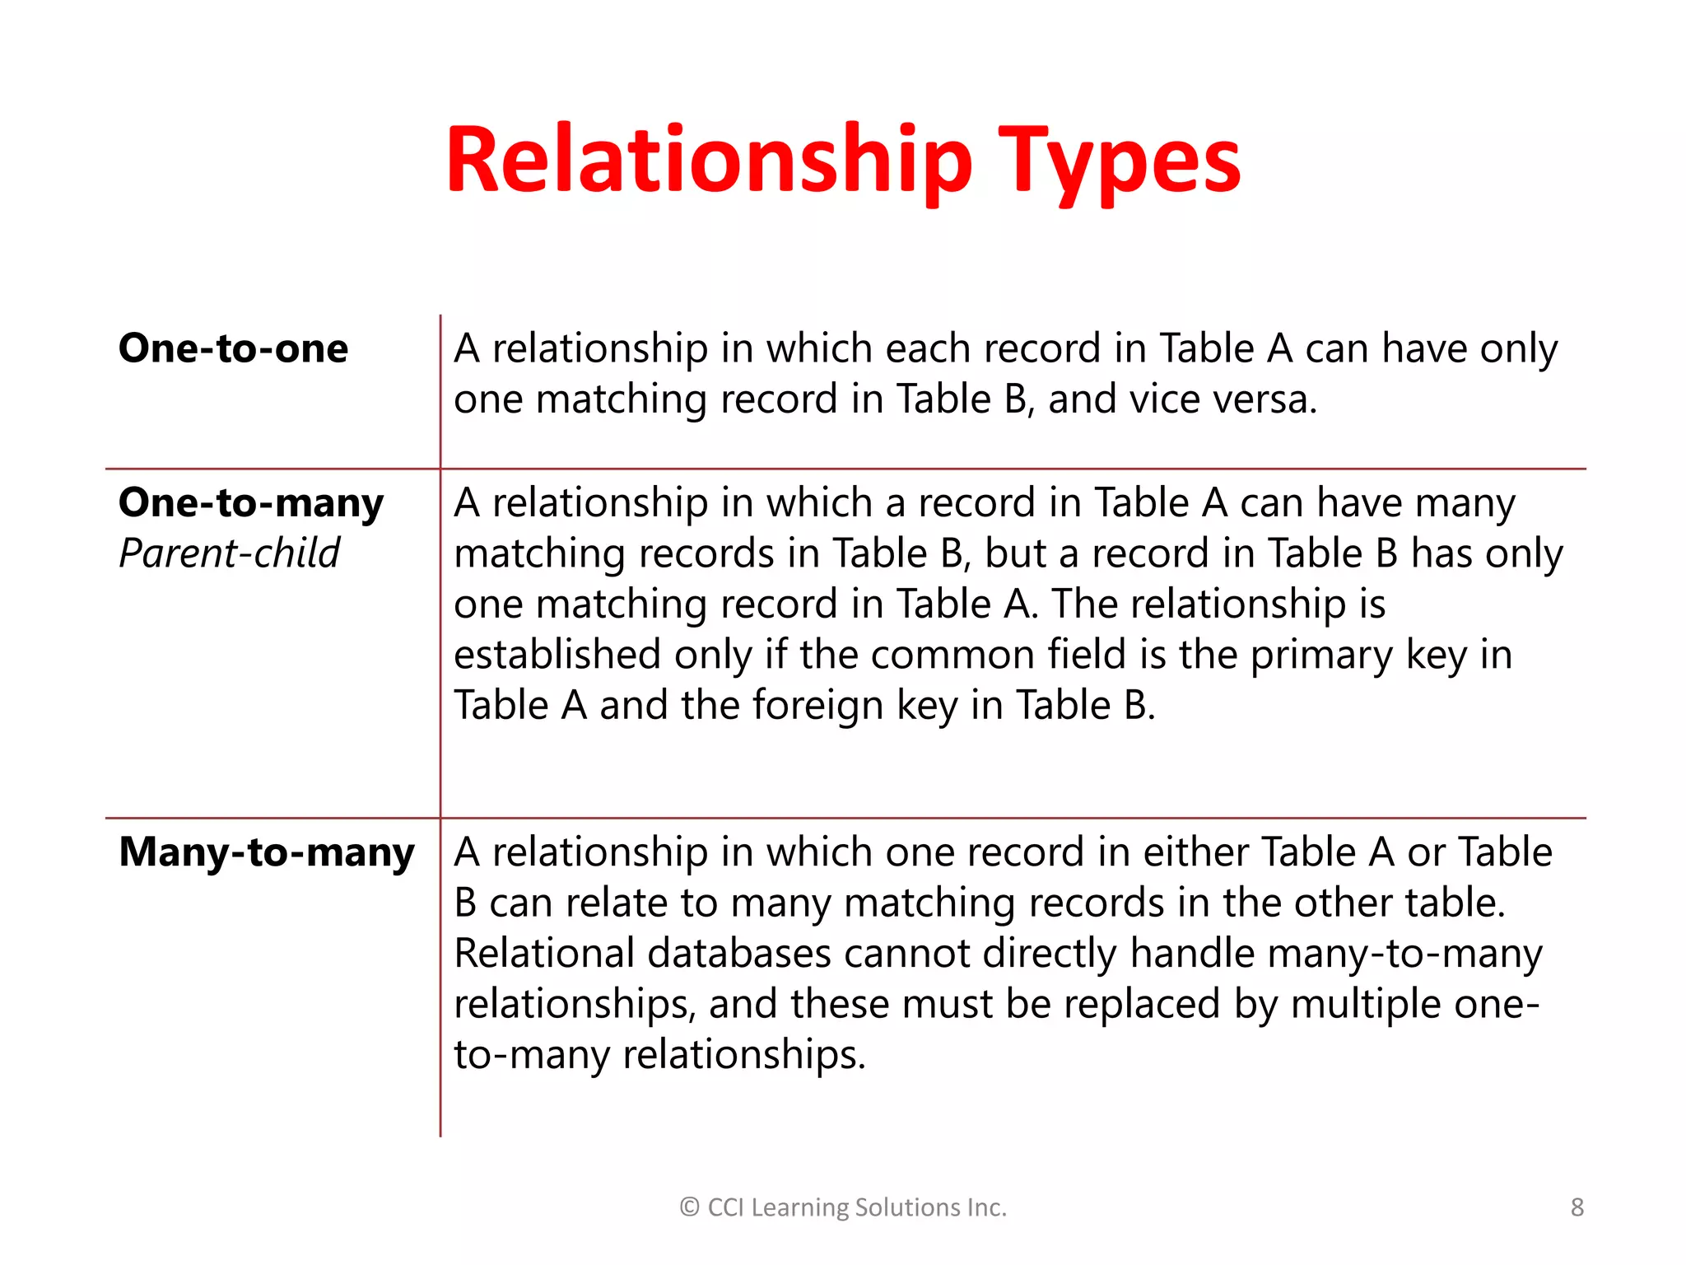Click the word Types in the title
click(x=1120, y=162)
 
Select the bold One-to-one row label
click(x=233, y=348)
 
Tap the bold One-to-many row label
click(x=251, y=502)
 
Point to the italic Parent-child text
click(x=229, y=553)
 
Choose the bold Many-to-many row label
click(x=267, y=852)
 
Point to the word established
click(x=557, y=656)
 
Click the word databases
click(x=739, y=954)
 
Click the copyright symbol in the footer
click(x=689, y=1207)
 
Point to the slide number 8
click(x=1577, y=1207)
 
